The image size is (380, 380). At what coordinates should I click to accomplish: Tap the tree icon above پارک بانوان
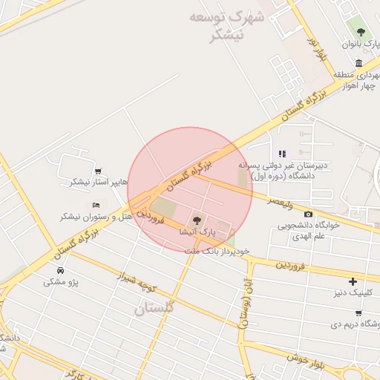361,32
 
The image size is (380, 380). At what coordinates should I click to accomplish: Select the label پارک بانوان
360,45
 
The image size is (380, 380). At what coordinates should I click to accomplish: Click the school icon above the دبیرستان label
282,154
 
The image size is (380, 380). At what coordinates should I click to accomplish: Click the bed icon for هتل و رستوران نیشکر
96,204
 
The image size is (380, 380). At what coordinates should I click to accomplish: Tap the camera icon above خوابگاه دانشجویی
308,214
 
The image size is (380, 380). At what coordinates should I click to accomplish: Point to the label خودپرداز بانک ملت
217,252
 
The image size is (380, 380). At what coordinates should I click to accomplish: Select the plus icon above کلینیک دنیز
353,281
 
